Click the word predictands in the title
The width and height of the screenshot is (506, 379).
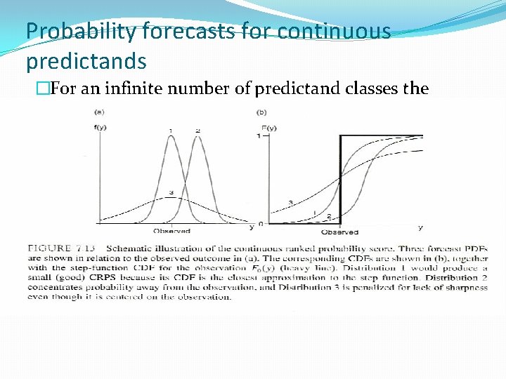(x=86, y=61)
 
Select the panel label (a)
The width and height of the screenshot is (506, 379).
(x=100, y=112)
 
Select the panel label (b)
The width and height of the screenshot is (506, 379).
(x=262, y=112)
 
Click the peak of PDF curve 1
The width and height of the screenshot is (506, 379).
(x=171, y=136)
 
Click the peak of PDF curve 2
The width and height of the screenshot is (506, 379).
(x=197, y=136)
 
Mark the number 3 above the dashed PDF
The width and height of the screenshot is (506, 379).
(x=171, y=192)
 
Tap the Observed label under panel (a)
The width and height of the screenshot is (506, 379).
(x=171, y=231)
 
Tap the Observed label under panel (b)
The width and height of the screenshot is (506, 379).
(x=339, y=232)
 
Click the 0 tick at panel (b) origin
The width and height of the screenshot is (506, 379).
(x=261, y=224)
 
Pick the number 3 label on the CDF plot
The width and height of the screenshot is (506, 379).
(x=290, y=203)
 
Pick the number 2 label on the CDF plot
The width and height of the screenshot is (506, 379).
(x=329, y=217)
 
